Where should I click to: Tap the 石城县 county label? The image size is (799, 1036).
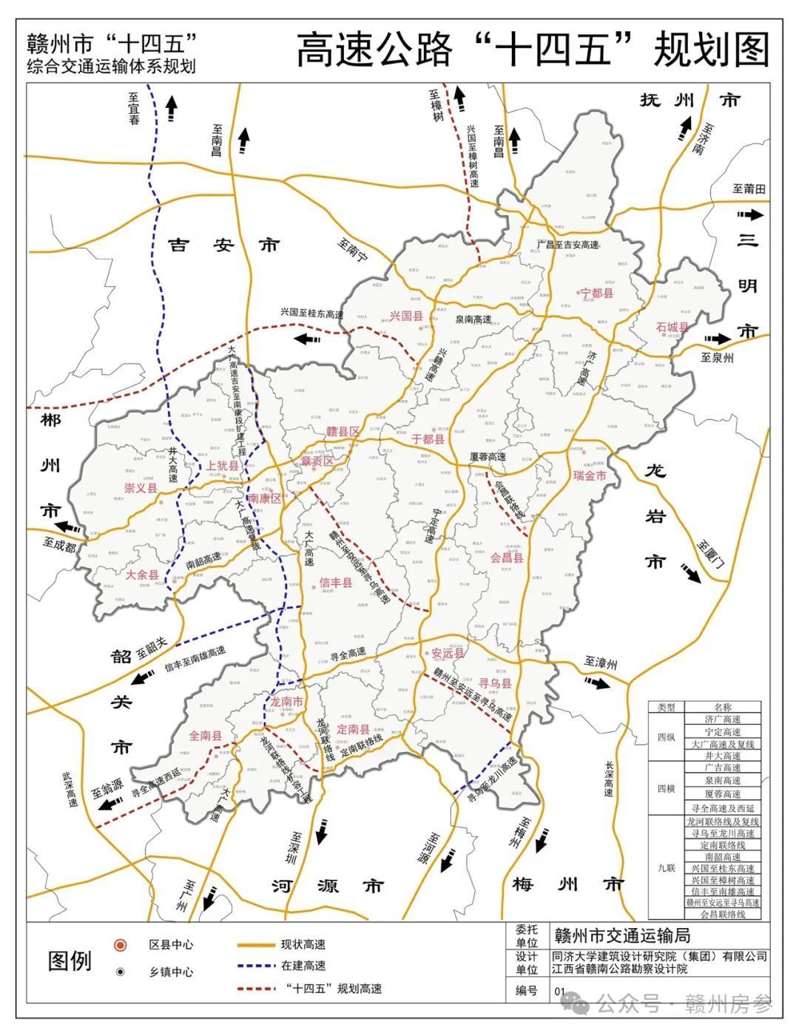pyautogui.click(x=672, y=328)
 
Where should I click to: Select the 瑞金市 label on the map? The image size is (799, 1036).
pyautogui.click(x=589, y=475)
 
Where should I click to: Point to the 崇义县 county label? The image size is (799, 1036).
pyautogui.click(x=141, y=489)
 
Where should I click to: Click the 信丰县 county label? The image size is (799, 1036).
pyautogui.click(x=335, y=583)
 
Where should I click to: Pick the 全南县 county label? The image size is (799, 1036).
pyautogui.click(x=206, y=736)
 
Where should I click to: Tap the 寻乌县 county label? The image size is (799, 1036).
pyautogui.click(x=495, y=684)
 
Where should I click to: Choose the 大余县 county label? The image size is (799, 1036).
pyautogui.click(x=142, y=575)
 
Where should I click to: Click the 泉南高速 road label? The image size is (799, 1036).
pyautogui.click(x=473, y=319)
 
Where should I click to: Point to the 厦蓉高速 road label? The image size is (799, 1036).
pyautogui.click(x=488, y=457)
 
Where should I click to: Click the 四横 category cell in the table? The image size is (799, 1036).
pyautogui.click(x=667, y=788)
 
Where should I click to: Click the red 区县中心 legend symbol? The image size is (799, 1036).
pyautogui.click(x=120, y=945)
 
